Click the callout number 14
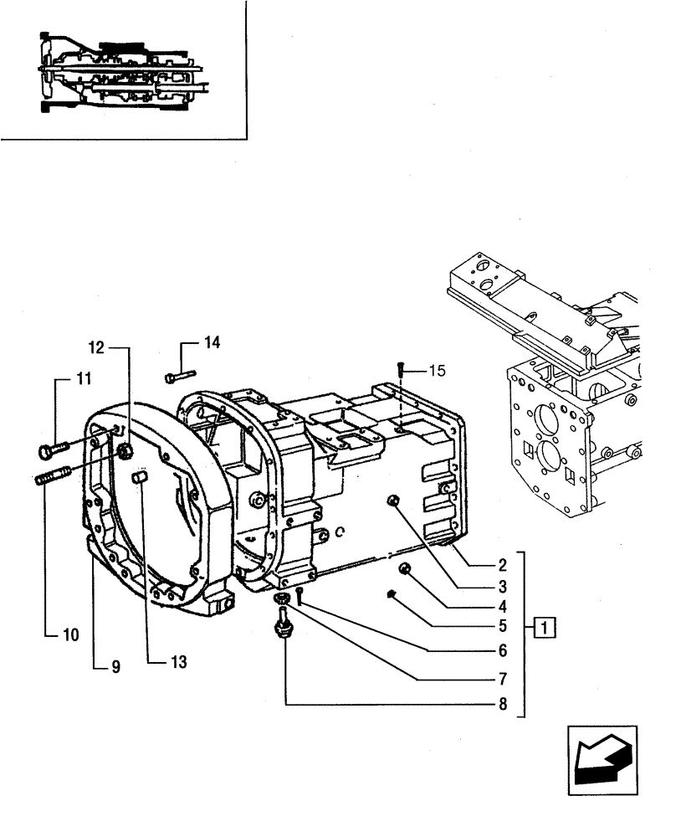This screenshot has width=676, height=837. (x=212, y=342)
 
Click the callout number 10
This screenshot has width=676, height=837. (x=69, y=634)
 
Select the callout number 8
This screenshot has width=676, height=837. (x=502, y=705)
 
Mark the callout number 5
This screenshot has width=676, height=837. (x=503, y=625)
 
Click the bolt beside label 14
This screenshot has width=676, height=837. (x=180, y=376)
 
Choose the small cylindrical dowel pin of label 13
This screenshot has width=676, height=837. (x=141, y=478)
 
